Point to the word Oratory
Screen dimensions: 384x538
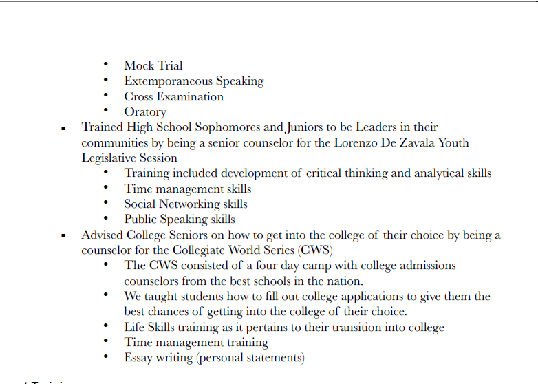(145, 111)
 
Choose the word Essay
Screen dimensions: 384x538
(139, 357)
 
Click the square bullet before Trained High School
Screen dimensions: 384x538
(63, 128)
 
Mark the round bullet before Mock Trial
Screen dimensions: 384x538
(106, 64)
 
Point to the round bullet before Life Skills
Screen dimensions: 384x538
(106, 326)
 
